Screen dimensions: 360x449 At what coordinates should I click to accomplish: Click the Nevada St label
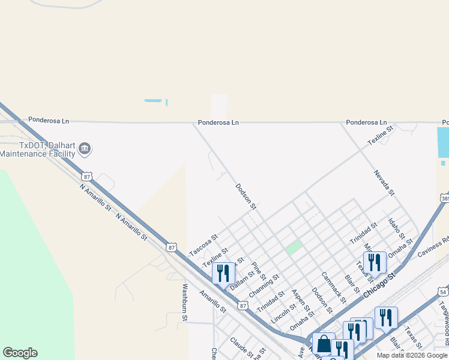point(384,183)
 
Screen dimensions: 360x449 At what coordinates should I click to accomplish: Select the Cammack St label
point(333,287)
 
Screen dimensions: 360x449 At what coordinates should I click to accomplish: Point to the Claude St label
point(242,347)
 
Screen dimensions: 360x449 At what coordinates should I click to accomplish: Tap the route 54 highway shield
point(443,292)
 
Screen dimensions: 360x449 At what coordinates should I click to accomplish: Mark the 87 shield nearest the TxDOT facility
point(88,176)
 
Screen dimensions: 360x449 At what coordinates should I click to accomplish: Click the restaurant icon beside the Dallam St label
point(223,274)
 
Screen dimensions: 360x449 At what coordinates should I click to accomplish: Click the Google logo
point(20,353)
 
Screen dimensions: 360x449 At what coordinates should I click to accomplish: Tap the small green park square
point(294,247)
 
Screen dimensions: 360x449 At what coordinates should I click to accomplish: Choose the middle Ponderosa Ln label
point(218,122)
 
